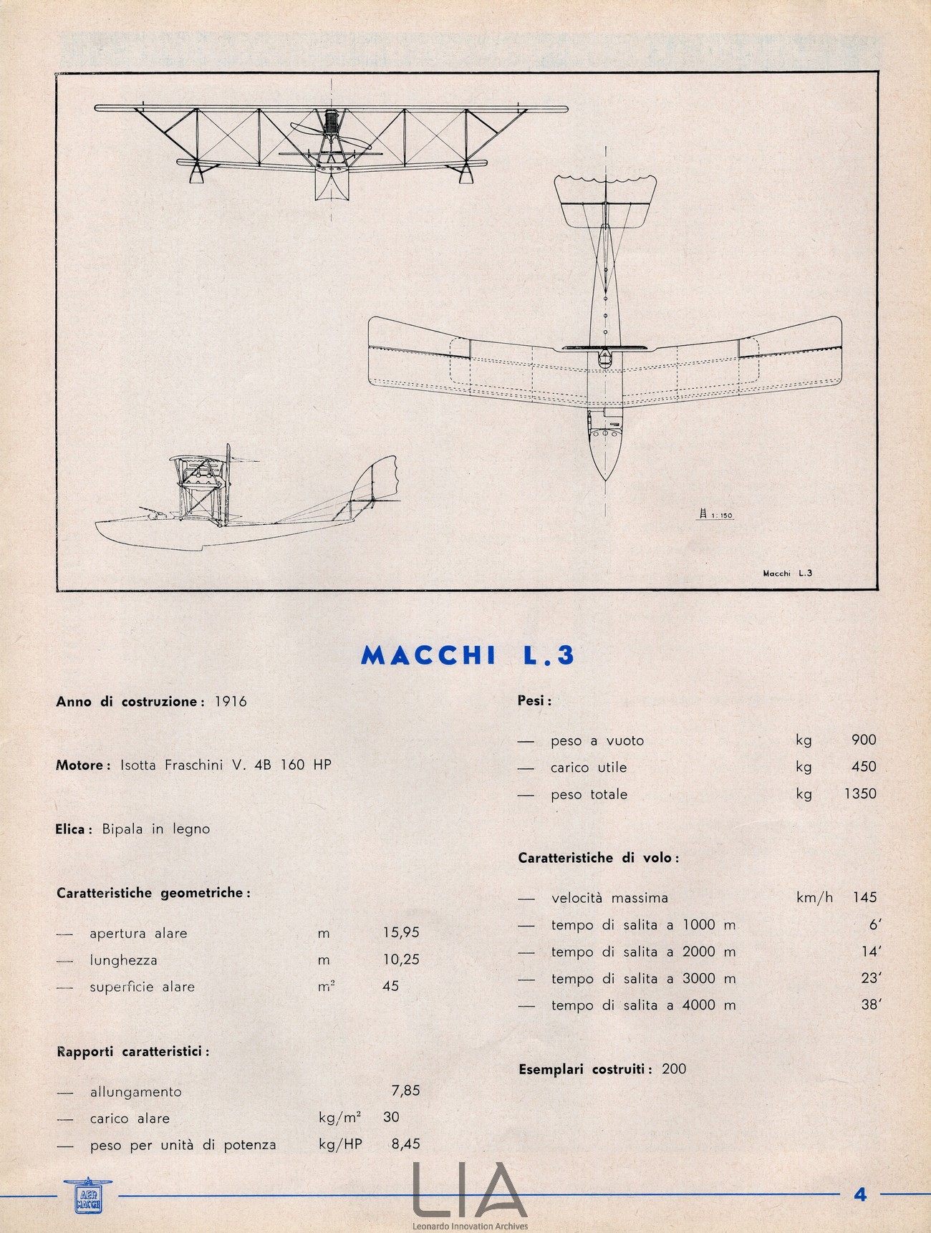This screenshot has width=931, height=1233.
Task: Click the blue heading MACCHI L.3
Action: click(468, 656)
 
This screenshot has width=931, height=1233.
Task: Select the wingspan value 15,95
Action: click(401, 932)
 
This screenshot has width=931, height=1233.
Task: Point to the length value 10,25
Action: click(401, 959)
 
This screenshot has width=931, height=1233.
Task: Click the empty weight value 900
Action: click(864, 740)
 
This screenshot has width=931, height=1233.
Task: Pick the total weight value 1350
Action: click(860, 793)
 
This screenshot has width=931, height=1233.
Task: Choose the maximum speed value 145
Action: click(864, 897)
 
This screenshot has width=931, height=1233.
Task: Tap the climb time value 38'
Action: click(870, 1005)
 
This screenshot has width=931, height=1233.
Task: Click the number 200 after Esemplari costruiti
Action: click(674, 1069)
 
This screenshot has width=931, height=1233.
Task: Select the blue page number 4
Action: click(860, 1194)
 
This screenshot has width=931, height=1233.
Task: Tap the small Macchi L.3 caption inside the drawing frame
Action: click(786, 572)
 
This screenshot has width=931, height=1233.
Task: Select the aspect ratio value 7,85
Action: click(405, 1091)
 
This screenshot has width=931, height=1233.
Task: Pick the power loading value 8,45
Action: click(405, 1144)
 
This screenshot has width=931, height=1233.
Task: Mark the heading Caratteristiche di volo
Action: click(598, 858)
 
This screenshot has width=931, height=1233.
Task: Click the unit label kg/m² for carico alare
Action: click(339, 1118)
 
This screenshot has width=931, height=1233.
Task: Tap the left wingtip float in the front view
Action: click(193, 172)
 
